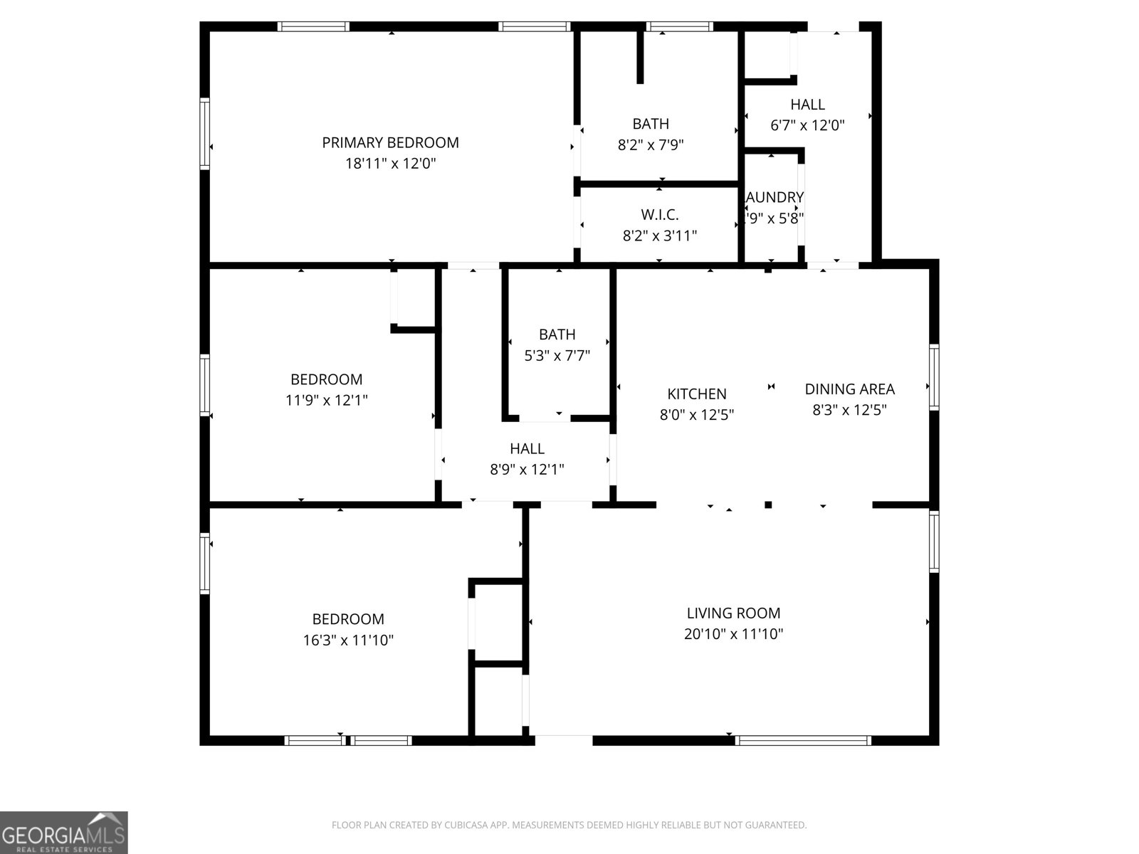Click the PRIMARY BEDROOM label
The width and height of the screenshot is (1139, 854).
click(390, 142)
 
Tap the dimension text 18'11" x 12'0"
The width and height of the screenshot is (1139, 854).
click(390, 164)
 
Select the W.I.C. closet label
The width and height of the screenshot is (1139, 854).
click(659, 214)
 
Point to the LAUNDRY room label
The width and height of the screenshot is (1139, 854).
click(775, 197)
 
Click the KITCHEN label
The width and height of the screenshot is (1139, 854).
click(696, 394)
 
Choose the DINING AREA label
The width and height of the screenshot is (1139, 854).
click(849, 389)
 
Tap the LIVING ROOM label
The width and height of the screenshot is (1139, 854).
click(733, 613)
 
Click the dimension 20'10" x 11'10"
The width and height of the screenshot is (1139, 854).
click(733, 634)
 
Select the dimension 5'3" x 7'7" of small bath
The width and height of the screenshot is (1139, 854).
click(557, 355)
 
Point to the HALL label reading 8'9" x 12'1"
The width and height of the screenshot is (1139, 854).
click(527, 448)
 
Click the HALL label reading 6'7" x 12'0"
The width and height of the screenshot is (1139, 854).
click(807, 105)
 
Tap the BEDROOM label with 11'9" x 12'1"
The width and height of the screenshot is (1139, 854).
click(326, 379)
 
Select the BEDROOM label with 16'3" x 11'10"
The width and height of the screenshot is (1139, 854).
click(348, 619)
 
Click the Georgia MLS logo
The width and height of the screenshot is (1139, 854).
click(64, 833)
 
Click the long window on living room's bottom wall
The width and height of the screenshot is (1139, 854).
click(803, 740)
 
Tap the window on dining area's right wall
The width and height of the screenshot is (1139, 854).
click(934, 376)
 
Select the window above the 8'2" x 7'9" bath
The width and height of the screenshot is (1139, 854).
click(679, 27)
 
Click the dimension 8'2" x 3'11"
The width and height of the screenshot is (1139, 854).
click(659, 236)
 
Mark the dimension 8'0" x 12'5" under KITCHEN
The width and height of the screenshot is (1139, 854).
click(696, 414)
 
